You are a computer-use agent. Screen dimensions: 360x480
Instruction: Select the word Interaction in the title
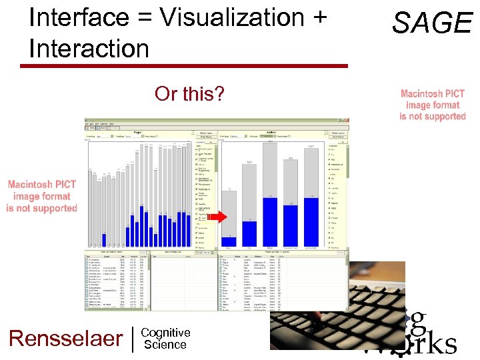89,48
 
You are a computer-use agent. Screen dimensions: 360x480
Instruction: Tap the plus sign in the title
319,18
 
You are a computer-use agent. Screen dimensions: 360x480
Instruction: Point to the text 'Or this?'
189,94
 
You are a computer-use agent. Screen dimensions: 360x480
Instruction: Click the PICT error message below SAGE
432,105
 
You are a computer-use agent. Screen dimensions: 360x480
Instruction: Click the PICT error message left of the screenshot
41,197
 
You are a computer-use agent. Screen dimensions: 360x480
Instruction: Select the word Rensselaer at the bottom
65,338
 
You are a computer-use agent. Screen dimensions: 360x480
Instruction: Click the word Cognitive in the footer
166,333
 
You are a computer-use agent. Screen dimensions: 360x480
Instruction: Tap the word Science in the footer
165,345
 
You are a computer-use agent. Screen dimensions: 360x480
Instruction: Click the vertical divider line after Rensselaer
133,338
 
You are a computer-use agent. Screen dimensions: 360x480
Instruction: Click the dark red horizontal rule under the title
183,66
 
